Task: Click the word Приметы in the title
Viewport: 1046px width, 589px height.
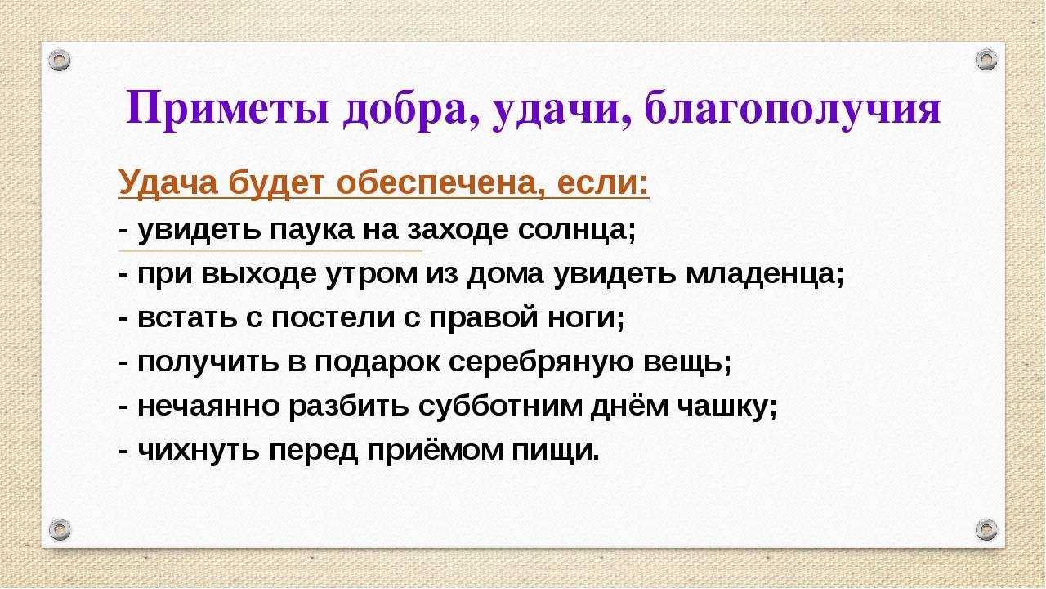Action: (x=228, y=110)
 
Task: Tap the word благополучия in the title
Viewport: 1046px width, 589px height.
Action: (x=793, y=110)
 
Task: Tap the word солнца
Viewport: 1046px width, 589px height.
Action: (x=577, y=230)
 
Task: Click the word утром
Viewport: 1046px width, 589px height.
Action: (x=372, y=275)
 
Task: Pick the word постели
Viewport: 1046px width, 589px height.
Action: (x=333, y=318)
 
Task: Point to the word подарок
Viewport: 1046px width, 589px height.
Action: (x=378, y=363)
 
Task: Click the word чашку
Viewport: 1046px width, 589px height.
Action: (x=727, y=407)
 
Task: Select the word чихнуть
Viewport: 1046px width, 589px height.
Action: (x=199, y=451)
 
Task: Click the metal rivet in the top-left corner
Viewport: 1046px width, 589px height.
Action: (x=60, y=61)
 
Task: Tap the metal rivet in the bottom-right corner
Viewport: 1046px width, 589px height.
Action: (x=986, y=529)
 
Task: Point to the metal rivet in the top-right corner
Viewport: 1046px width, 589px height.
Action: (x=986, y=60)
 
